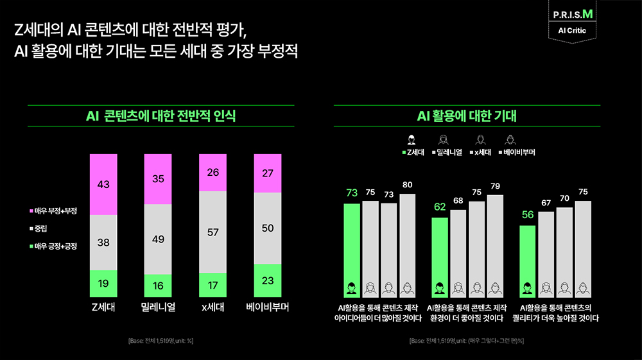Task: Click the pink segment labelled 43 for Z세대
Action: [103, 185]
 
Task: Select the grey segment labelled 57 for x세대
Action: [213, 232]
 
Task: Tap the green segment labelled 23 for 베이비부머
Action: [268, 280]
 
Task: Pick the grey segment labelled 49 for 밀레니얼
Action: [158, 239]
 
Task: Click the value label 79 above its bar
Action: [494, 186]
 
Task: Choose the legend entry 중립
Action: [40, 228]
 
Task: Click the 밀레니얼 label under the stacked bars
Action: [158, 307]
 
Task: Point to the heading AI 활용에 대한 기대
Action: [467, 116]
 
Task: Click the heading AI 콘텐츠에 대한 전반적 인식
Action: [160, 116]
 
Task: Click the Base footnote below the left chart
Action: [160, 340]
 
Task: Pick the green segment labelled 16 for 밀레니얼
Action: [158, 285]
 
